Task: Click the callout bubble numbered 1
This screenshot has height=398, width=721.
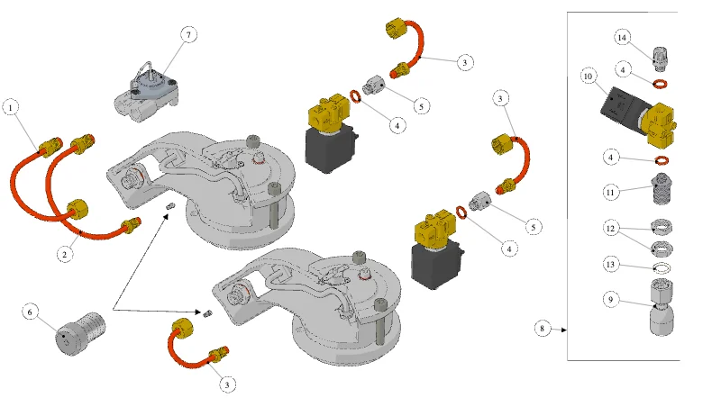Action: pyautogui.click(x=11, y=108)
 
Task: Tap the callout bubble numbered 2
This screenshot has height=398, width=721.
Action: pyautogui.click(x=65, y=254)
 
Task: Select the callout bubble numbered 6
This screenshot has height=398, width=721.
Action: pyautogui.click(x=31, y=312)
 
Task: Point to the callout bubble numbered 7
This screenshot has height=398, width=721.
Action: pyautogui.click(x=188, y=34)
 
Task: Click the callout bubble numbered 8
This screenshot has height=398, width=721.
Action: pyautogui.click(x=543, y=328)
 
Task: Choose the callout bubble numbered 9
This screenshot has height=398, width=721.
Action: pyautogui.click(x=611, y=300)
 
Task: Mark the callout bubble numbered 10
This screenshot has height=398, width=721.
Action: pyautogui.click(x=589, y=76)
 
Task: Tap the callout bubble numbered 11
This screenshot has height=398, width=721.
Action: pyautogui.click(x=611, y=192)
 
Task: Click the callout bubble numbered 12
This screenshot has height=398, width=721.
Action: pyautogui.click(x=611, y=229)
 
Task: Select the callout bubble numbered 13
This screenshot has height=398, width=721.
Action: pyautogui.click(x=611, y=264)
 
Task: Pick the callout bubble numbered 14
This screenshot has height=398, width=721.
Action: pyautogui.click(x=622, y=37)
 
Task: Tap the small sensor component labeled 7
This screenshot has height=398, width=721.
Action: pyautogui.click(x=146, y=93)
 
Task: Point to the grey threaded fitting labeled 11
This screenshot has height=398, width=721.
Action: pyautogui.click(x=662, y=189)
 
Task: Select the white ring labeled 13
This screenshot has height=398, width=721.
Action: pyautogui.click(x=662, y=268)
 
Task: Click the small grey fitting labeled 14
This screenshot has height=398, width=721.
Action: pyautogui.click(x=661, y=58)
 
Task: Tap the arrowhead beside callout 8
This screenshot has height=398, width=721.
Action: pyautogui.click(x=564, y=330)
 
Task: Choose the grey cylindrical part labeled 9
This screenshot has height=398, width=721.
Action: pyautogui.click(x=662, y=307)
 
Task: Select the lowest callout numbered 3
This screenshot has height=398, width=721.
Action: pyautogui.click(x=227, y=384)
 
